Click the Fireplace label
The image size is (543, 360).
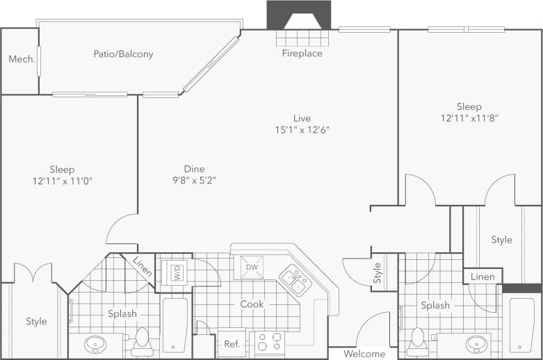[302, 54]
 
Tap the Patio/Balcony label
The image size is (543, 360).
[123, 54]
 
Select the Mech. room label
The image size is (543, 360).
[22, 60]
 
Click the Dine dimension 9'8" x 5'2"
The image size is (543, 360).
[194, 181]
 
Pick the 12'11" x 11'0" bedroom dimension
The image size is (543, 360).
[62, 181]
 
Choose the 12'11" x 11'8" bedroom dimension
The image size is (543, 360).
[469, 118]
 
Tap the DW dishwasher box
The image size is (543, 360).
[252, 267]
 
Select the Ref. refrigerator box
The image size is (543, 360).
[232, 344]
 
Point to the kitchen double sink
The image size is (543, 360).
[295, 281]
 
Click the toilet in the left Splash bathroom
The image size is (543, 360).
[143, 340]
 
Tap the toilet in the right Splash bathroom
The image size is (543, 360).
[419, 340]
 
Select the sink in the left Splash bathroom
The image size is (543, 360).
[95, 343]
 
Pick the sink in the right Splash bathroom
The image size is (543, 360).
[476, 343]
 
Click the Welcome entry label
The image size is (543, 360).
[364, 354]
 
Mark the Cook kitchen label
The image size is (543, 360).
[252, 304]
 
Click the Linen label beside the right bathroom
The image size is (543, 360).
[483, 277]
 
